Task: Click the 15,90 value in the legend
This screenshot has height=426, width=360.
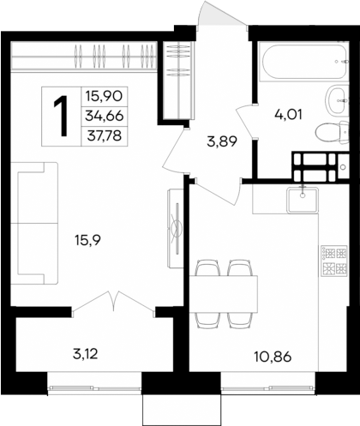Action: coord(103,96)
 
